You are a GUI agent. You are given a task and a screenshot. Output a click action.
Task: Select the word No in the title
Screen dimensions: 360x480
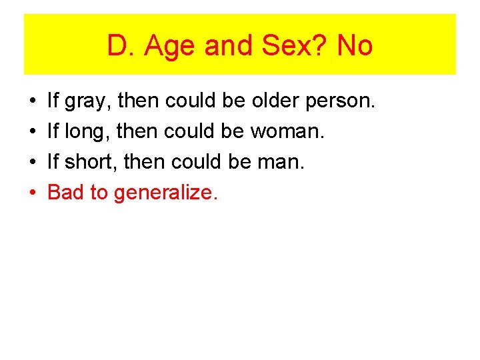pos(355,46)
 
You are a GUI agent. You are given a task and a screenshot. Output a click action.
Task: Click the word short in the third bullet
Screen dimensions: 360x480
pos(89,162)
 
